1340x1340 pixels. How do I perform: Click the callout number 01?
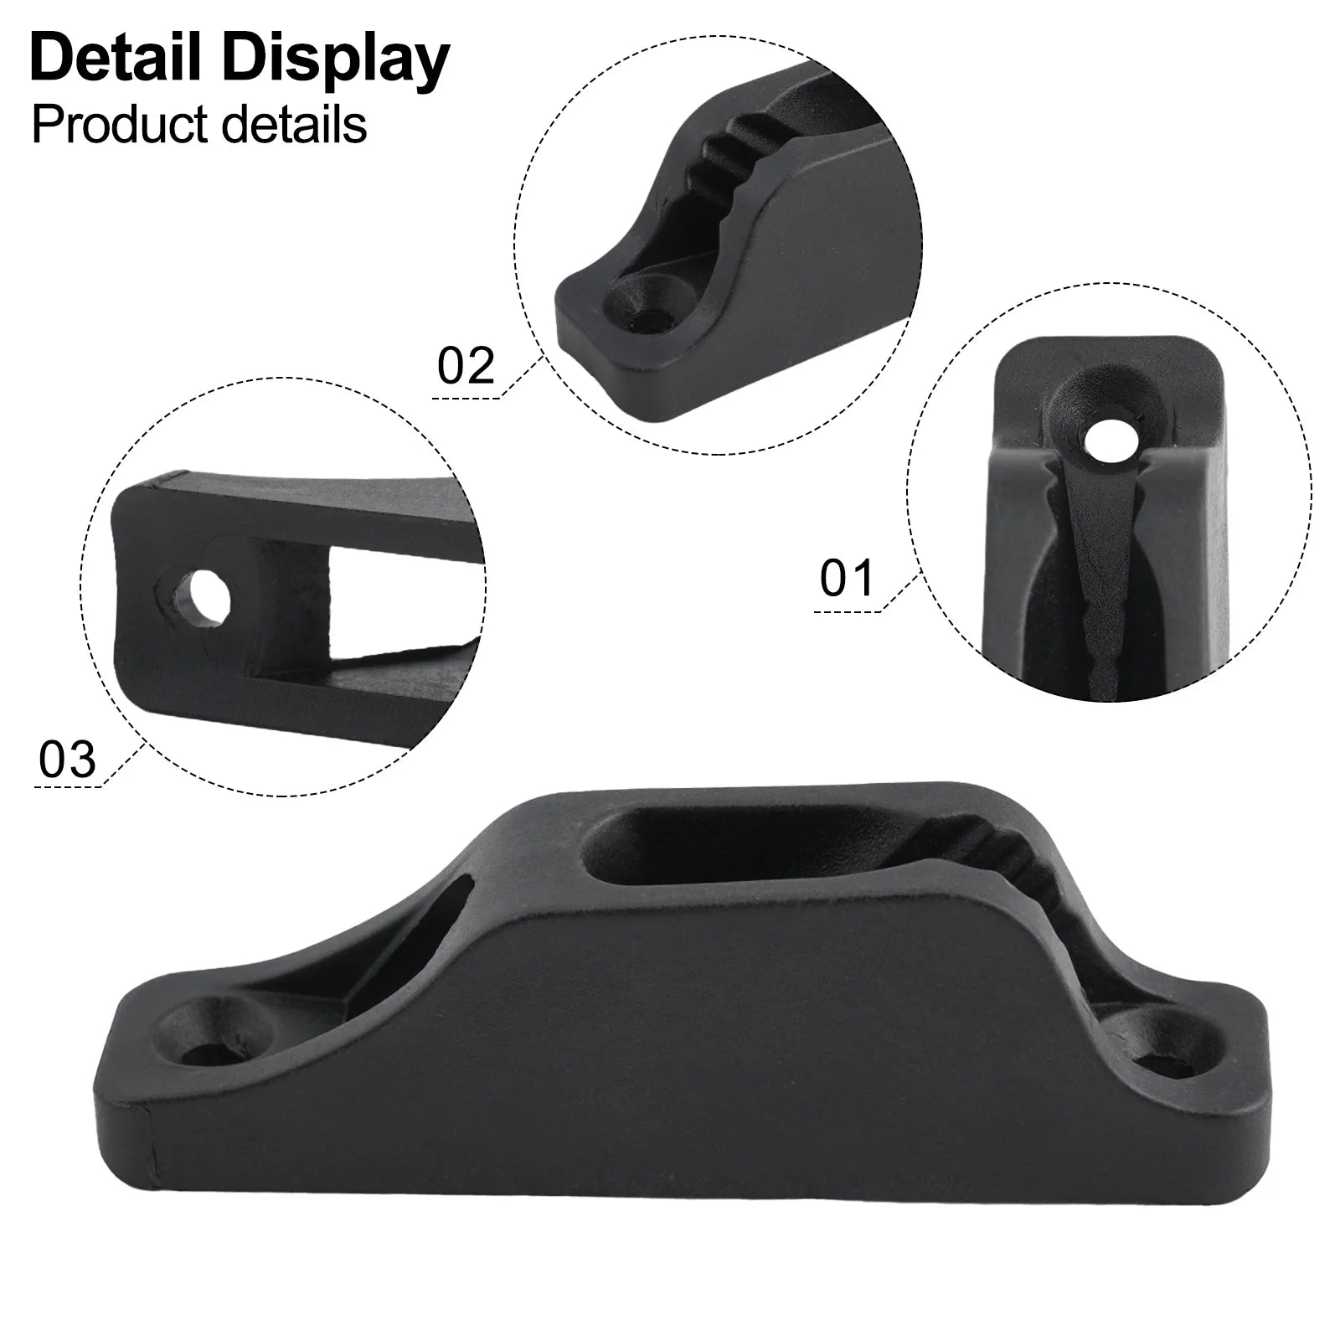click(x=847, y=579)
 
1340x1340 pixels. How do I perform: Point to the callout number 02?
click(x=466, y=366)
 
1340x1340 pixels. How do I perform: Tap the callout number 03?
click(x=67, y=760)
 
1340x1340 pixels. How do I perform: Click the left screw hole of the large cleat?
click(x=204, y=1047)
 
